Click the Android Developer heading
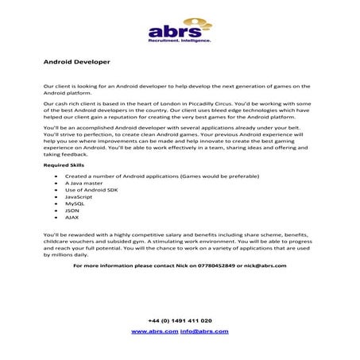pos(76,60)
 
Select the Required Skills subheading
pos(63,165)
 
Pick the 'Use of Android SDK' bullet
pos(91,189)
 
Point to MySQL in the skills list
pos(75,203)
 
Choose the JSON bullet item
pos(73,211)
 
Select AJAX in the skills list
pos(73,217)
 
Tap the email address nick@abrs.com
pos(264,265)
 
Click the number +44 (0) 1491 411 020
pos(180,320)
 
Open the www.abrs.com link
pos(154,331)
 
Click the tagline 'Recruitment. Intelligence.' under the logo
pos(180,40)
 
